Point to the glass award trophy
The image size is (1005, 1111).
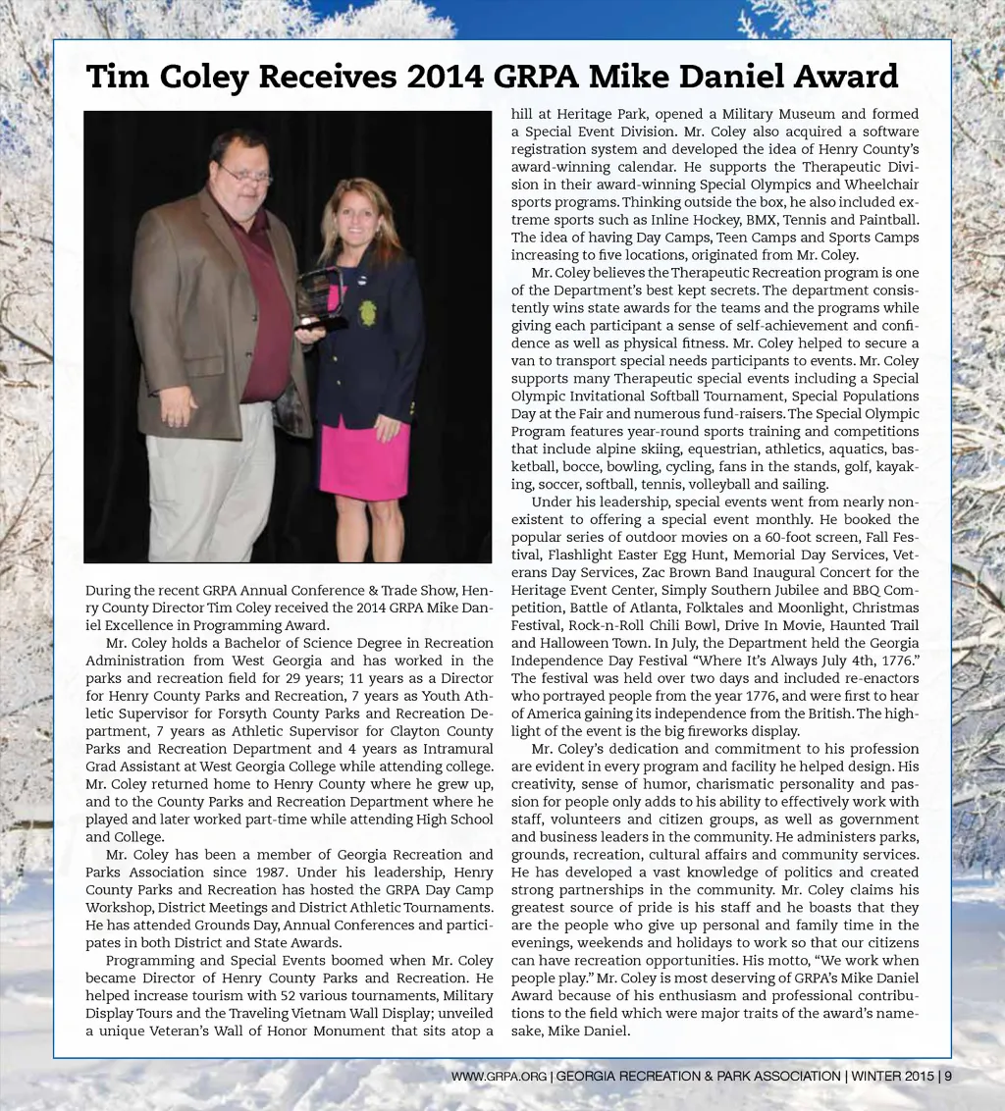(321, 294)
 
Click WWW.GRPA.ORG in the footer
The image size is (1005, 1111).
(499, 1077)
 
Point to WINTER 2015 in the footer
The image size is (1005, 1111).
(892, 1076)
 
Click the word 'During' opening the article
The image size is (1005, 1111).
(106, 590)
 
